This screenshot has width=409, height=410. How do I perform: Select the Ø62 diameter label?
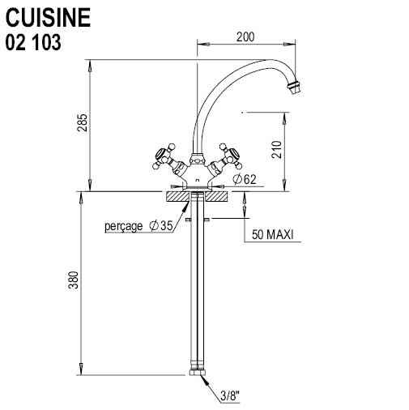[244, 179]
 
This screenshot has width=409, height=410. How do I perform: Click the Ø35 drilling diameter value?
[161, 226]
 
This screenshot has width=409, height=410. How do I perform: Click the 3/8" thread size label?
[230, 397]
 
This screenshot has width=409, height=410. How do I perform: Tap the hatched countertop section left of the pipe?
[177, 196]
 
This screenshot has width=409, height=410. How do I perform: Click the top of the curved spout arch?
[243, 62]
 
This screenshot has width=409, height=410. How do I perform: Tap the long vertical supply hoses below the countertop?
[198, 292]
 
